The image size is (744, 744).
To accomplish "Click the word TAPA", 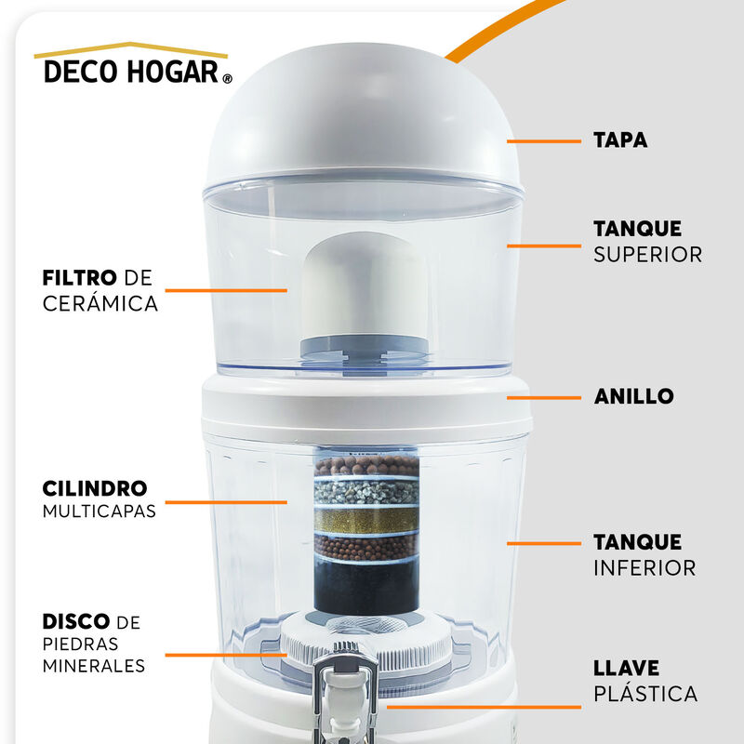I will pyautogui.click(x=620, y=141).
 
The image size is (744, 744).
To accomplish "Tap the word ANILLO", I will pyautogui.click(x=633, y=396).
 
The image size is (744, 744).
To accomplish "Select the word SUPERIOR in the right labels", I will pyautogui.click(x=647, y=254).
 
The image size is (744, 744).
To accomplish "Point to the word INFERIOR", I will pyautogui.click(x=644, y=567).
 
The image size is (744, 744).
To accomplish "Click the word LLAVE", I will pyautogui.click(x=627, y=668).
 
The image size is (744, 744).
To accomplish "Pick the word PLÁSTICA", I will pyautogui.click(x=645, y=694).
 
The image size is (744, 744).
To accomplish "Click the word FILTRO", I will pyautogui.click(x=80, y=278).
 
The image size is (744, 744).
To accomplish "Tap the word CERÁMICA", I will pyautogui.click(x=100, y=304).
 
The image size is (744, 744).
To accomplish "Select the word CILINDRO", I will pyautogui.click(x=95, y=488).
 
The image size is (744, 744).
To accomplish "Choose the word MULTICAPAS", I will pyautogui.click(x=99, y=511).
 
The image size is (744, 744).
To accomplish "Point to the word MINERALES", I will pyautogui.click(x=93, y=666).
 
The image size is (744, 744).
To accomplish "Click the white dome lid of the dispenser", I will pyautogui.click(x=363, y=121).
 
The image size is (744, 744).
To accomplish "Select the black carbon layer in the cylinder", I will pyautogui.click(x=365, y=586).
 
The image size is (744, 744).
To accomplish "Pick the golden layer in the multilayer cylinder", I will pyautogui.click(x=365, y=521).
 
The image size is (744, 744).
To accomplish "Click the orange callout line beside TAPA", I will pyautogui.click(x=543, y=141).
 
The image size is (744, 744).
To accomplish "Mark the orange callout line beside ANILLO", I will pyautogui.click(x=543, y=396).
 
